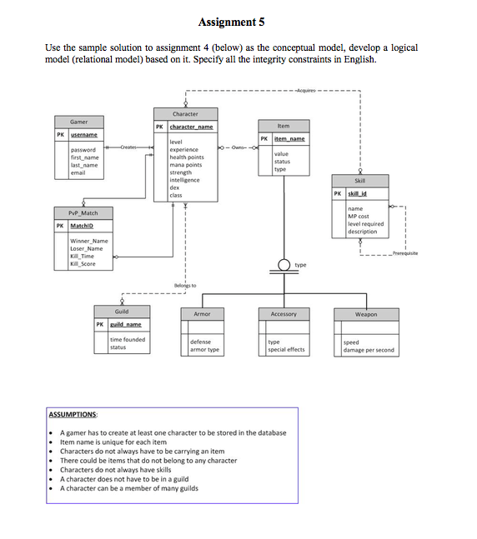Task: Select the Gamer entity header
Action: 78,122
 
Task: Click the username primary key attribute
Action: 83,134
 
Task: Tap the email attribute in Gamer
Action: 78,172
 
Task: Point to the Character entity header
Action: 185,113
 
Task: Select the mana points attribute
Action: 186,165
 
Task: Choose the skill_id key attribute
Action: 359,192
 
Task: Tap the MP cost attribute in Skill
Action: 359,217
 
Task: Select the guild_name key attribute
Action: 127,324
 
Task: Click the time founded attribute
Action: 128,339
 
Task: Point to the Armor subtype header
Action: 202,314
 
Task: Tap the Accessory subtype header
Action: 284,314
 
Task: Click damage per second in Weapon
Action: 368,350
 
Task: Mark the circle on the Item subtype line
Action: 284,266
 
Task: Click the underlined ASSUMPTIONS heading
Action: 73,414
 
